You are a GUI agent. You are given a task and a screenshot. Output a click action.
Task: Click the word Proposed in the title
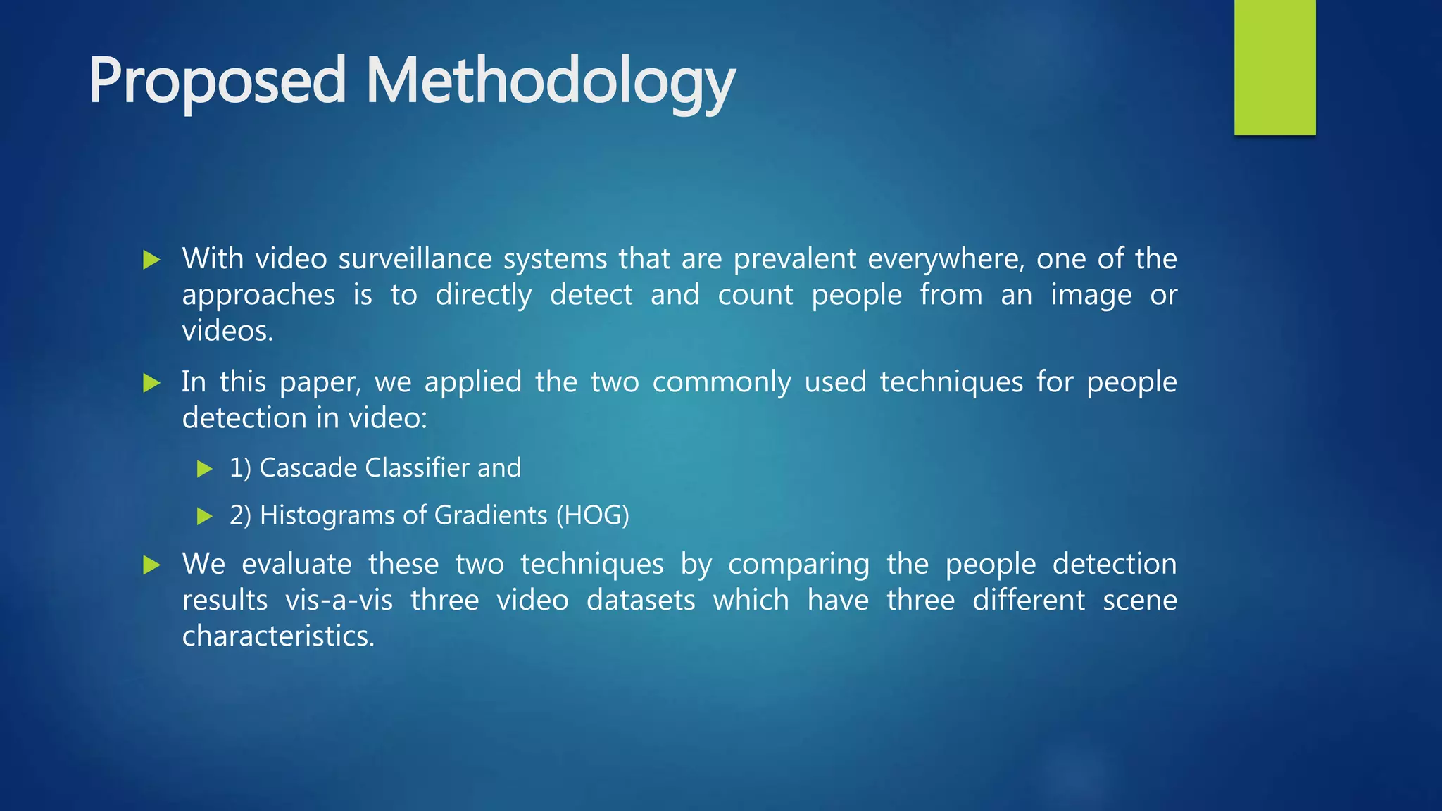pyautogui.click(x=217, y=82)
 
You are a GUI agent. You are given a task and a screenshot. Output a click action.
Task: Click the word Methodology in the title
pyautogui.click(x=550, y=82)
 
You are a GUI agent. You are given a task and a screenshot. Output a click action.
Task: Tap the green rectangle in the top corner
pyautogui.click(x=1274, y=68)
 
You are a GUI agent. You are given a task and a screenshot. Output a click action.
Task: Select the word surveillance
pyautogui.click(x=415, y=259)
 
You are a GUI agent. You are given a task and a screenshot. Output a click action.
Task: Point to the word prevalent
pyautogui.click(x=796, y=259)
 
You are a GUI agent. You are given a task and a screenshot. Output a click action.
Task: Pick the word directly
pyautogui.click(x=484, y=295)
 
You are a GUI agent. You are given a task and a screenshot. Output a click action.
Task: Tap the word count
pyautogui.click(x=755, y=295)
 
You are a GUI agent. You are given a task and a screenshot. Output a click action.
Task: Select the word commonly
pyautogui.click(x=722, y=382)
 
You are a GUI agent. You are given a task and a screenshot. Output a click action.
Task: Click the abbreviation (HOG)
pyautogui.click(x=592, y=515)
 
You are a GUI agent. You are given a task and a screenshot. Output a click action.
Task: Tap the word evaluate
pyautogui.click(x=296, y=565)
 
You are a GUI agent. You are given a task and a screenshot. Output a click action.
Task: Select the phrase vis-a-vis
pyautogui.click(x=339, y=601)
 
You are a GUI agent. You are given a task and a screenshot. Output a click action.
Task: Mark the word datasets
pyautogui.click(x=641, y=601)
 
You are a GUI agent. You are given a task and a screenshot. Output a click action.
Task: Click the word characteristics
pyautogui.click(x=277, y=636)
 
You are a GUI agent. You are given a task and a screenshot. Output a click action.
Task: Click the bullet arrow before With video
pyautogui.click(x=151, y=260)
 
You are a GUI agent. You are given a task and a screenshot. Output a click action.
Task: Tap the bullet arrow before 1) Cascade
pyautogui.click(x=205, y=469)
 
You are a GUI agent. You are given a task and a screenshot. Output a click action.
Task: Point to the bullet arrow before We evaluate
pyautogui.click(x=151, y=565)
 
